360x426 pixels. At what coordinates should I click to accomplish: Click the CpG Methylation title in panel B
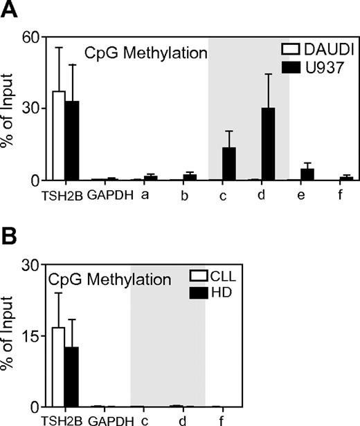109,280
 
